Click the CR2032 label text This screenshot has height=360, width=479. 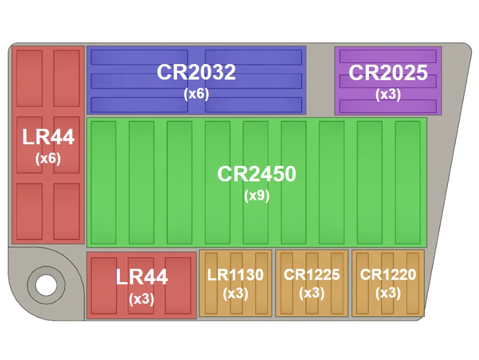196,72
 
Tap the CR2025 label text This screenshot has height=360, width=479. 388,72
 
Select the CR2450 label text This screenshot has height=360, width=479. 257,174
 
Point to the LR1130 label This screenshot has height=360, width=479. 235,274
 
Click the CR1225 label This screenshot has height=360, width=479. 311,274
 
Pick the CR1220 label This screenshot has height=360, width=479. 388,274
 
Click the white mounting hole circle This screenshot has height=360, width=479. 46,285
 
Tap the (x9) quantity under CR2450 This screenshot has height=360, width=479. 257,196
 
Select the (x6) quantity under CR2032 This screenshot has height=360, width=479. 196,93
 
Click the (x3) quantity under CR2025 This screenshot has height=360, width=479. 388,94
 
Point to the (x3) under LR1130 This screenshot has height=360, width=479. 235,294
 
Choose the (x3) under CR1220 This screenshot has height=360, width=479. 388,294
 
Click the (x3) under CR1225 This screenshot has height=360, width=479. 311,294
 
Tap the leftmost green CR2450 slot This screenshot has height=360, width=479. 104,183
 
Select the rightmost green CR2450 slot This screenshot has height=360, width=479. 408,183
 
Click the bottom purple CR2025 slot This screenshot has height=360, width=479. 388,106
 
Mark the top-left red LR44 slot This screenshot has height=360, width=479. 29,78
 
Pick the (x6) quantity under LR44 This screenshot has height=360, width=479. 48,159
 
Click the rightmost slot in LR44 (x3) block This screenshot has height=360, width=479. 178,286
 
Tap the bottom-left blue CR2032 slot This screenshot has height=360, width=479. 140,105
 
